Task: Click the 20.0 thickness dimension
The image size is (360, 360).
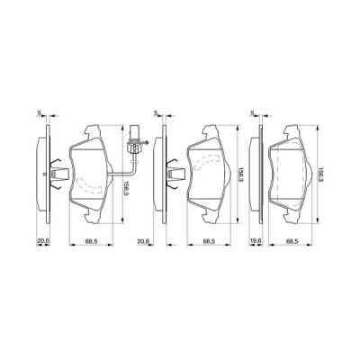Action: pos(41,242)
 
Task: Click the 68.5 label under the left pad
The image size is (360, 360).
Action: pos(91,242)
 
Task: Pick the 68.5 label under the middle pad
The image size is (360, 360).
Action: pos(209,242)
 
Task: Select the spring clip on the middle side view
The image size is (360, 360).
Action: pos(171,170)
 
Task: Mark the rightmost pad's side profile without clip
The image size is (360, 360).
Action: pos(259,171)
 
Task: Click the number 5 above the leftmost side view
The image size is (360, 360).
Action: pos(39,113)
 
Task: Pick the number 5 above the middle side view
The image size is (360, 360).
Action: pos(156,113)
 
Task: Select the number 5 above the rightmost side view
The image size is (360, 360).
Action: pos(251,113)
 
